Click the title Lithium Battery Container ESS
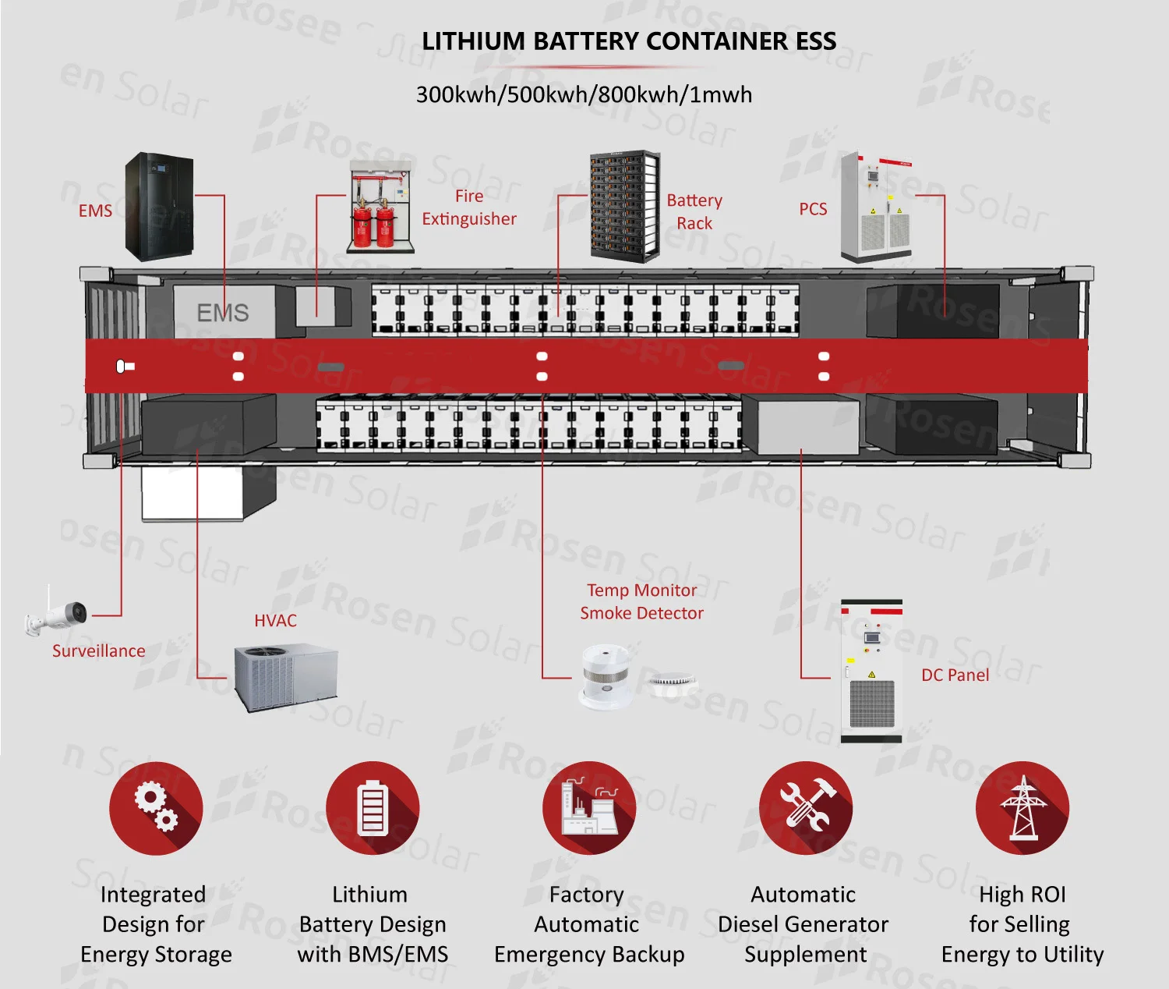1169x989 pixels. [629, 41]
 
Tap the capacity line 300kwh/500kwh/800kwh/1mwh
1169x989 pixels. [584, 95]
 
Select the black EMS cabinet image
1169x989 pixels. [159, 207]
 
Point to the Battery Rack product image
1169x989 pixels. [624, 206]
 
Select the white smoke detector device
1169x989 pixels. [606, 675]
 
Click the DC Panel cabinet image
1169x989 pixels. [871, 671]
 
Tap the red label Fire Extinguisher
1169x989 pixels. [469, 207]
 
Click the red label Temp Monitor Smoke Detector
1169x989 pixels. [641, 601]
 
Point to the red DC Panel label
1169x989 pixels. [955, 675]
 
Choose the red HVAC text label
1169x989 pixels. [275, 621]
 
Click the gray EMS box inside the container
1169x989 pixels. [223, 312]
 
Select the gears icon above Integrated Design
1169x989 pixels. [156, 808]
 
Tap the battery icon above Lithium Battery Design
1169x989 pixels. [373, 808]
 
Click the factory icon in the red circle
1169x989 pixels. [589, 808]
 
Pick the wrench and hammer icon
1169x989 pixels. [806, 808]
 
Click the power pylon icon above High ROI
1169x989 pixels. [1022, 808]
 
